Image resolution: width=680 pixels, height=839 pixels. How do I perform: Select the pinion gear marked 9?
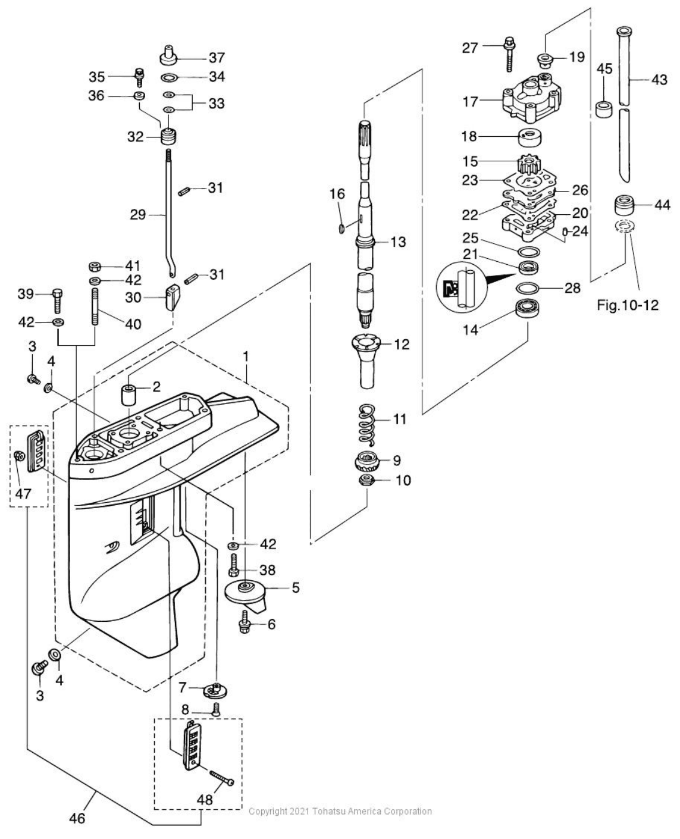[x=365, y=461]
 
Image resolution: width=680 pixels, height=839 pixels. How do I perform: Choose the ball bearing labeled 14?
[x=527, y=309]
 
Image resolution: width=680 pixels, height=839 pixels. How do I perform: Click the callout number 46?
[x=77, y=818]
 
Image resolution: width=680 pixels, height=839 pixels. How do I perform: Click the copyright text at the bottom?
[x=340, y=811]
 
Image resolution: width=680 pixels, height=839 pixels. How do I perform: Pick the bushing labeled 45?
[x=604, y=111]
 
